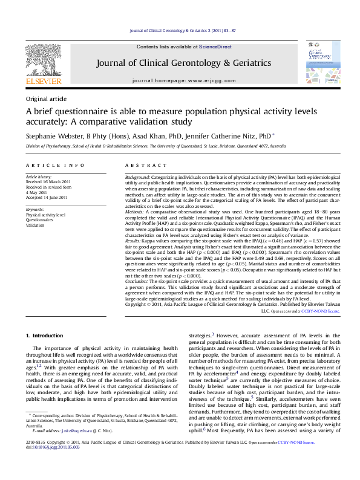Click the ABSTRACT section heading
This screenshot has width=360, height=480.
pyautogui.click(x=142, y=165)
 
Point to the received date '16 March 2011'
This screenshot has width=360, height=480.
pyautogui.click(x=64, y=181)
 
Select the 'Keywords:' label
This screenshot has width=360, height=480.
pyautogui.click(x=35, y=209)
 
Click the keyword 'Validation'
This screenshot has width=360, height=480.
pyautogui.click(x=36, y=225)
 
